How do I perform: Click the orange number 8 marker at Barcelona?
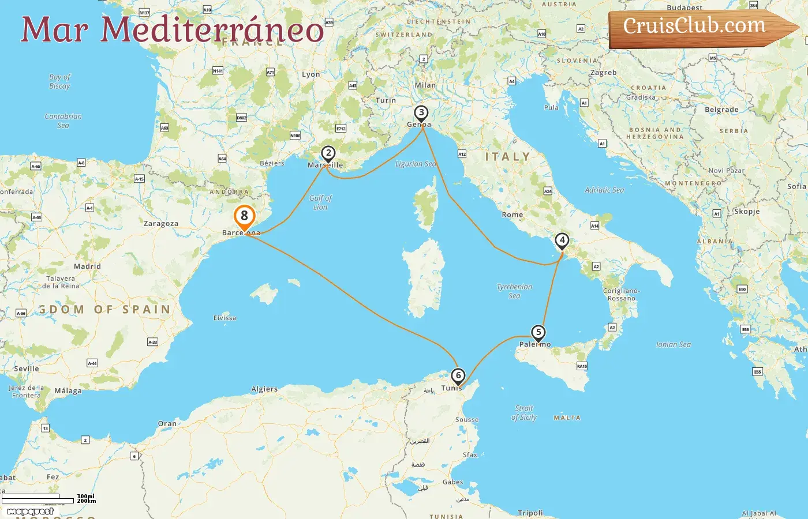click(244, 216)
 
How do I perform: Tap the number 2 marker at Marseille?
click(328, 153)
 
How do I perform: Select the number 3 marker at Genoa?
click(421, 113)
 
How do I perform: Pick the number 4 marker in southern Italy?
click(562, 240)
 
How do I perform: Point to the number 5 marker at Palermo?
click(538, 332)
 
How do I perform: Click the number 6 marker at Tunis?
click(458, 376)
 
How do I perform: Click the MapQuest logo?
click(30, 511)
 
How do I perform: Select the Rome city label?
click(513, 215)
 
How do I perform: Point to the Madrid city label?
click(87, 266)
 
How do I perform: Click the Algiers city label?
click(264, 389)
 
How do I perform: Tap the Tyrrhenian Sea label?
click(514, 291)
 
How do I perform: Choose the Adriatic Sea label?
click(604, 190)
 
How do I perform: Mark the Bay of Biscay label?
click(59, 81)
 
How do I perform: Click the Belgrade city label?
click(721, 110)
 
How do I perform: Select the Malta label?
click(567, 418)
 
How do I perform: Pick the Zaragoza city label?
click(161, 224)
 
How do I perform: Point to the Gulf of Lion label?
click(320, 202)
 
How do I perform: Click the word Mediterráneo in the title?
click(212, 30)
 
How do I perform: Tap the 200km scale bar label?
click(86, 501)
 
